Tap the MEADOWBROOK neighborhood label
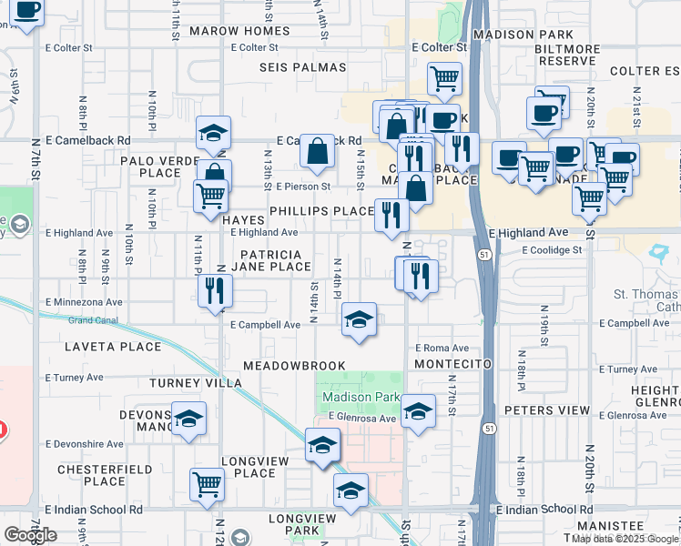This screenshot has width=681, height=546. tap(294, 366)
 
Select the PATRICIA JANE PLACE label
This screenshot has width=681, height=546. tap(272, 260)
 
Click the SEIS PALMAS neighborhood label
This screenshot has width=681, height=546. tap(303, 67)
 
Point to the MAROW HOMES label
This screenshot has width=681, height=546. tap(239, 31)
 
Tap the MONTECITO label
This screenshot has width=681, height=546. tap(452, 364)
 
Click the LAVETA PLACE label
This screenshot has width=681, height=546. tap(113, 347)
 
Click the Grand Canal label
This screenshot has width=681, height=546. tap(93, 320)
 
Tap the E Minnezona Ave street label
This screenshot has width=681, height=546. tap(84, 301)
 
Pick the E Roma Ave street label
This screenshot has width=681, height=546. tap(442, 348)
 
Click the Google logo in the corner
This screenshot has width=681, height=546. tap(30, 535)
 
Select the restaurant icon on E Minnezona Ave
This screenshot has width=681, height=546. tap(215, 291)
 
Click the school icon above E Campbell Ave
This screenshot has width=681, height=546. tap(360, 319)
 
